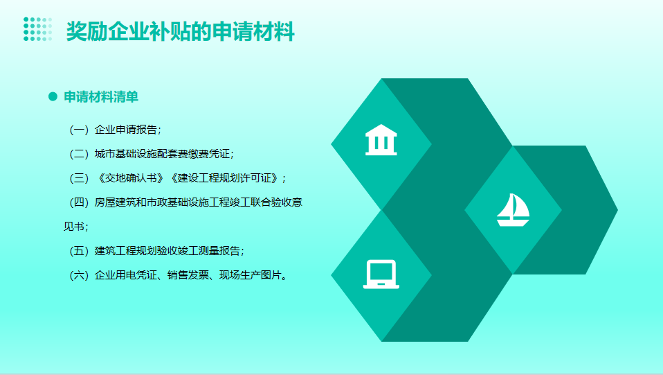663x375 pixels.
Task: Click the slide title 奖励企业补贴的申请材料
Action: click(180, 31)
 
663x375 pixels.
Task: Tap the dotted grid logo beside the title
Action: click(37, 29)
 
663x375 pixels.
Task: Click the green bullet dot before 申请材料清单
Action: click(53, 96)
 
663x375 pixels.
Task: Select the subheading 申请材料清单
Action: click(101, 96)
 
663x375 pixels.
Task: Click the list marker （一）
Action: click(79, 130)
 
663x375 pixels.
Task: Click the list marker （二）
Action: click(79, 154)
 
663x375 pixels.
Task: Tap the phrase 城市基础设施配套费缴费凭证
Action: click(162, 154)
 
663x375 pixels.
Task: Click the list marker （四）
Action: click(79, 202)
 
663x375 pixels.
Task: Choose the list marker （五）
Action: click(79, 251)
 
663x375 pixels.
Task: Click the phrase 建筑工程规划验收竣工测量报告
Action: click(167, 251)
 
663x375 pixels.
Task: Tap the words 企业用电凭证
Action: click(125, 275)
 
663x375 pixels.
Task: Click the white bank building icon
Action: click(381, 140)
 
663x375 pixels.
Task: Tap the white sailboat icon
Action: click(513, 210)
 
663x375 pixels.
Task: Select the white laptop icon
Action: click(381, 274)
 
